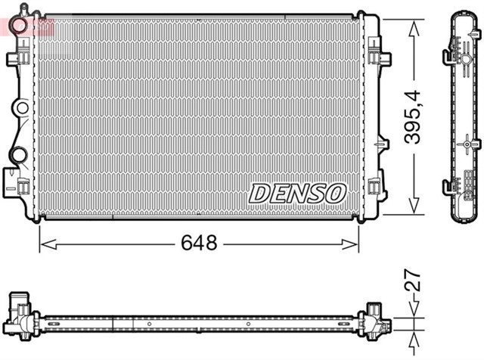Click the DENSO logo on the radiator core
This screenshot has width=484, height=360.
coord(296,194)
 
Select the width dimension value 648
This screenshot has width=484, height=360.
coord(199,244)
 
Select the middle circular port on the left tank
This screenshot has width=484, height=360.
coord(22,108)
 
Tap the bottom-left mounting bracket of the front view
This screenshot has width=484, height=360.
coord(14,182)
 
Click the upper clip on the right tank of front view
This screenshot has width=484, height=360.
coord(377,57)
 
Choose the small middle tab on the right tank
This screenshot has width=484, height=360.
coord(379,141)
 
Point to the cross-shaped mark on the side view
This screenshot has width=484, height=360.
coord(468,141)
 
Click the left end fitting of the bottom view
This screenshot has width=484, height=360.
coord(22,314)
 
